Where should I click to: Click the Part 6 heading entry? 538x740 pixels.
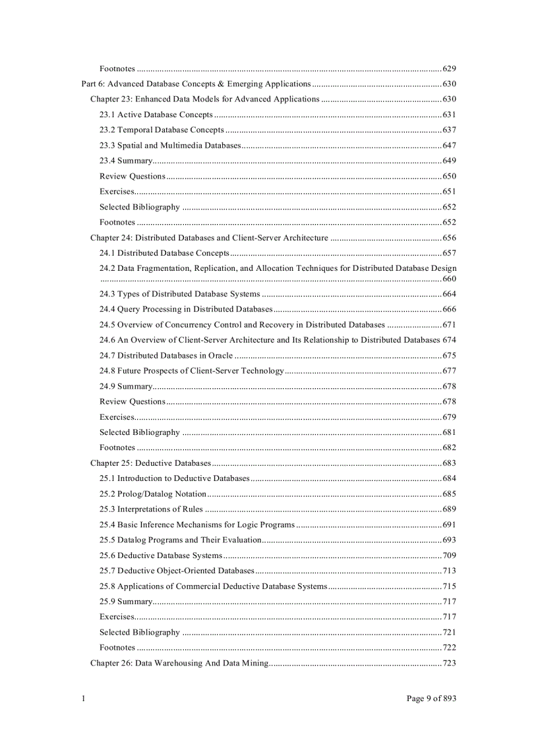(196, 84)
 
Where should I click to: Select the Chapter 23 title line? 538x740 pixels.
(204, 99)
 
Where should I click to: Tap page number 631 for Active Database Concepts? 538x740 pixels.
(449, 115)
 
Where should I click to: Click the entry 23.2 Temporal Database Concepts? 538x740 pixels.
(162, 130)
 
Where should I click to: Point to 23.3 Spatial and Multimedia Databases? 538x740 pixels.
(169, 145)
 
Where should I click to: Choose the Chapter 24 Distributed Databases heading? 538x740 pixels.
(209, 238)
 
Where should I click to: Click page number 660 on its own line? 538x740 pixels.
(449, 279)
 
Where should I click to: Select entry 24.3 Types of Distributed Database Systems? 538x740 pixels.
(179, 294)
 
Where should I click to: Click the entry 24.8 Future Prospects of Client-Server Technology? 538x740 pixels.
(191, 370)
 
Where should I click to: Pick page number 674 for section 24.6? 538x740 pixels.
(449, 340)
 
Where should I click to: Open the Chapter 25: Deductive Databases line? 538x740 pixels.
(150, 463)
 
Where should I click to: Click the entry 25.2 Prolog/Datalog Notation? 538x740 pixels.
(153, 494)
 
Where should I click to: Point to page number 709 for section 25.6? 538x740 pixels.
(449, 555)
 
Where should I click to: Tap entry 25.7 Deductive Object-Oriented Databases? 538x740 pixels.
(176, 571)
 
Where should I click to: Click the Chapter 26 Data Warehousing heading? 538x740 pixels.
(179, 663)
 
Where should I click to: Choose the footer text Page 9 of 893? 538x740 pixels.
(431, 698)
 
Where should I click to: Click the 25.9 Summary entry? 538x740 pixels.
(125, 602)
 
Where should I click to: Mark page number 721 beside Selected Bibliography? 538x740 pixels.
(449, 632)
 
